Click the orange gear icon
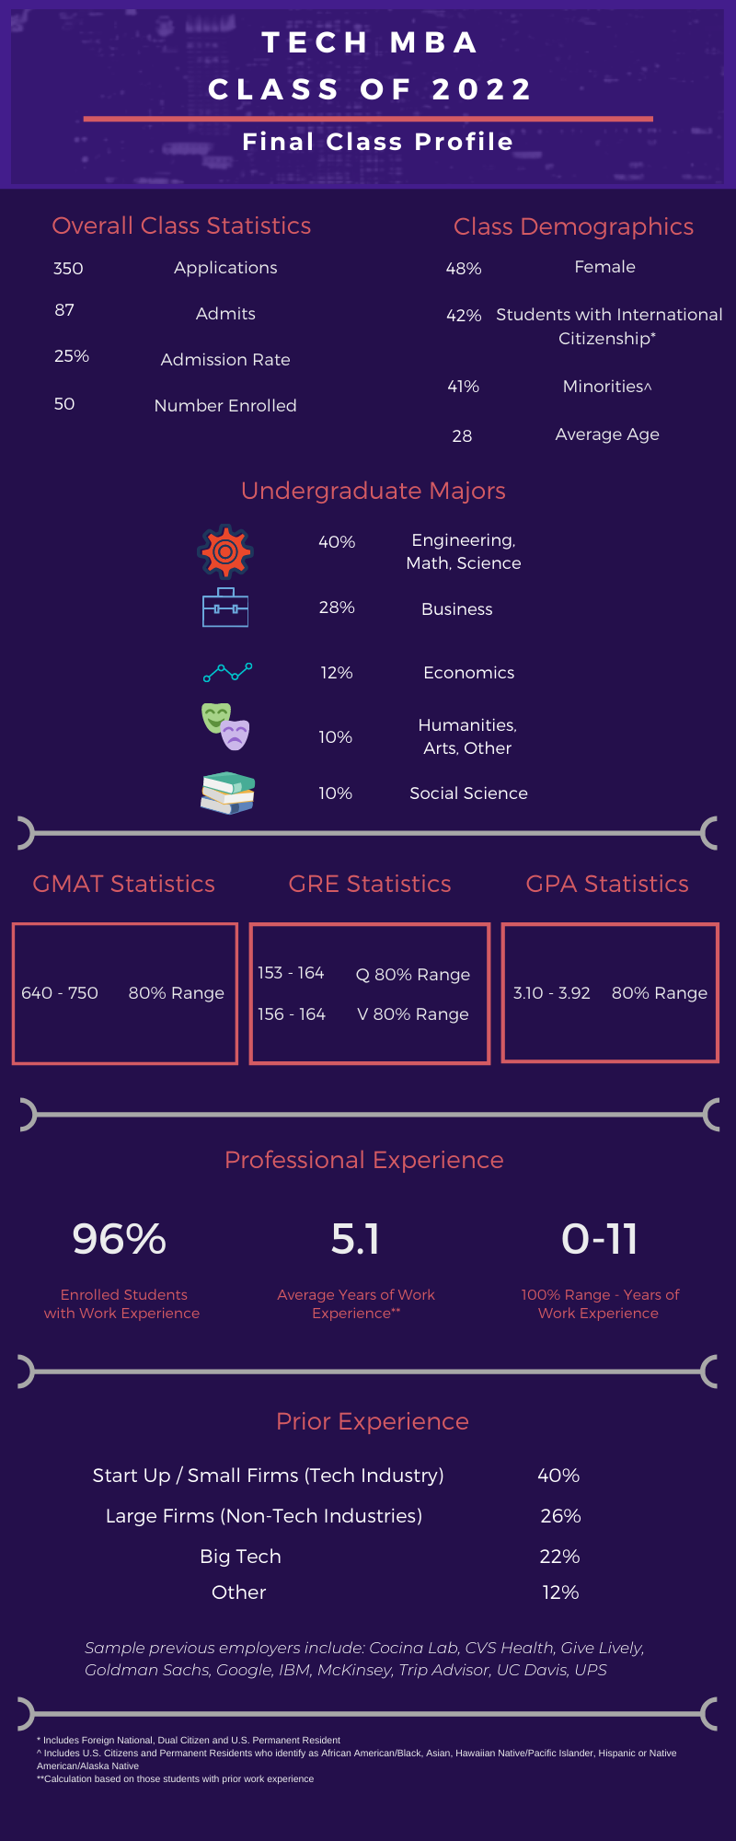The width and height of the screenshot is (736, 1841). click(x=225, y=551)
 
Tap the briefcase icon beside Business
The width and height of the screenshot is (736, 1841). click(x=225, y=608)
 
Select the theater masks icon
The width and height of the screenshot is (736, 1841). click(x=226, y=726)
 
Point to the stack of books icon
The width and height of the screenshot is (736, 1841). click(x=227, y=793)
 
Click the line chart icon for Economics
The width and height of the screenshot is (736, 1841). click(x=227, y=673)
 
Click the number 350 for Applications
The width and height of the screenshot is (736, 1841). click(x=68, y=269)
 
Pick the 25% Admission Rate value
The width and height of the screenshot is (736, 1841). click(x=72, y=356)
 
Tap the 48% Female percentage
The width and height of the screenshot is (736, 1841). click(x=464, y=269)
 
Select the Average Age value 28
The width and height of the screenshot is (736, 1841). click(x=462, y=436)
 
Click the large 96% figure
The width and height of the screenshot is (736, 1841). click(x=120, y=1239)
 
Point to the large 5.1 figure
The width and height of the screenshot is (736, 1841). click(x=355, y=1239)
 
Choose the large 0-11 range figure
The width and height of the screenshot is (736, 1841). click(x=600, y=1239)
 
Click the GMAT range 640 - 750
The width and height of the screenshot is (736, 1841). click(x=60, y=993)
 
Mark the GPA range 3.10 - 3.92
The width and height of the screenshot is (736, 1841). click(x=552, y=993)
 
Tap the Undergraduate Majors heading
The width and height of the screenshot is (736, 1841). click(x=373, y=491)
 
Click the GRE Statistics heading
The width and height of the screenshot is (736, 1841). click(x=370, y=884)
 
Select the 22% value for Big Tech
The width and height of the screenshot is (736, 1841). click(x=559, y=1557)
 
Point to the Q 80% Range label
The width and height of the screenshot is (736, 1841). click(x=413, y=975)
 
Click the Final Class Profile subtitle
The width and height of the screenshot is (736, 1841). click(x=377, y=142)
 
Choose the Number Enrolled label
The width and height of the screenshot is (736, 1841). click(x=225, y=406)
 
